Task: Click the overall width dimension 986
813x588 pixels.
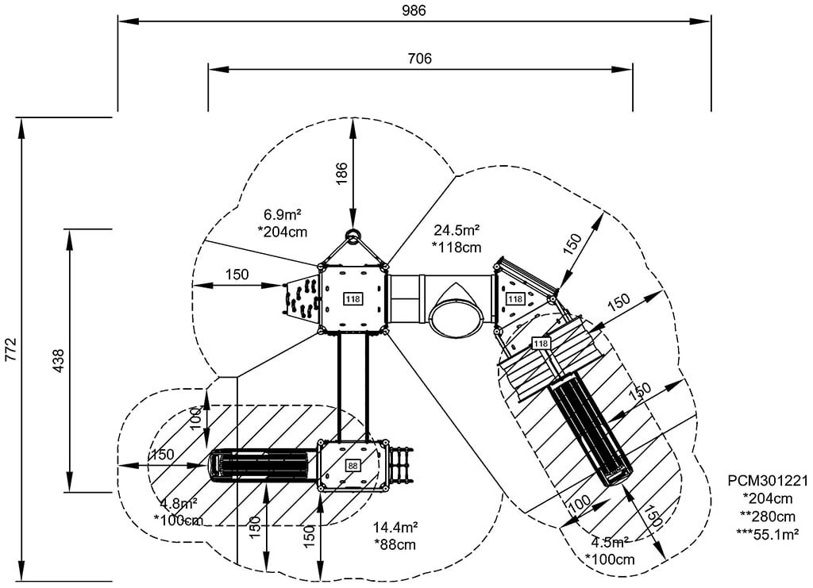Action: pos(414,10)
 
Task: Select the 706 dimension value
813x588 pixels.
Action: pos(420,59)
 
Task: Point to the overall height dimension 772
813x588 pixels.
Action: pos(10,350)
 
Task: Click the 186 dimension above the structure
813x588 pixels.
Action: pos(341,172)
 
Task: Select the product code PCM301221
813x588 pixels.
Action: pos(768,481)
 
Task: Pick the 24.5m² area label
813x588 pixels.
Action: pos(456,230)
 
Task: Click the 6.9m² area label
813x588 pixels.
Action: pos(283,215)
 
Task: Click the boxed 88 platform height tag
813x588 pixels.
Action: pos(353,466)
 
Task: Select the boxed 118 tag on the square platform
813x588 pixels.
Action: pos(353,298)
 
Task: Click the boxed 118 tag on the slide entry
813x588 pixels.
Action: pos(541,343)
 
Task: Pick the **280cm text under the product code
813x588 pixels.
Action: pos(768,516)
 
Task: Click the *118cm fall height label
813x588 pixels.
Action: pos(457,247)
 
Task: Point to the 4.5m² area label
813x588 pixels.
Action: pos(610,543)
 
